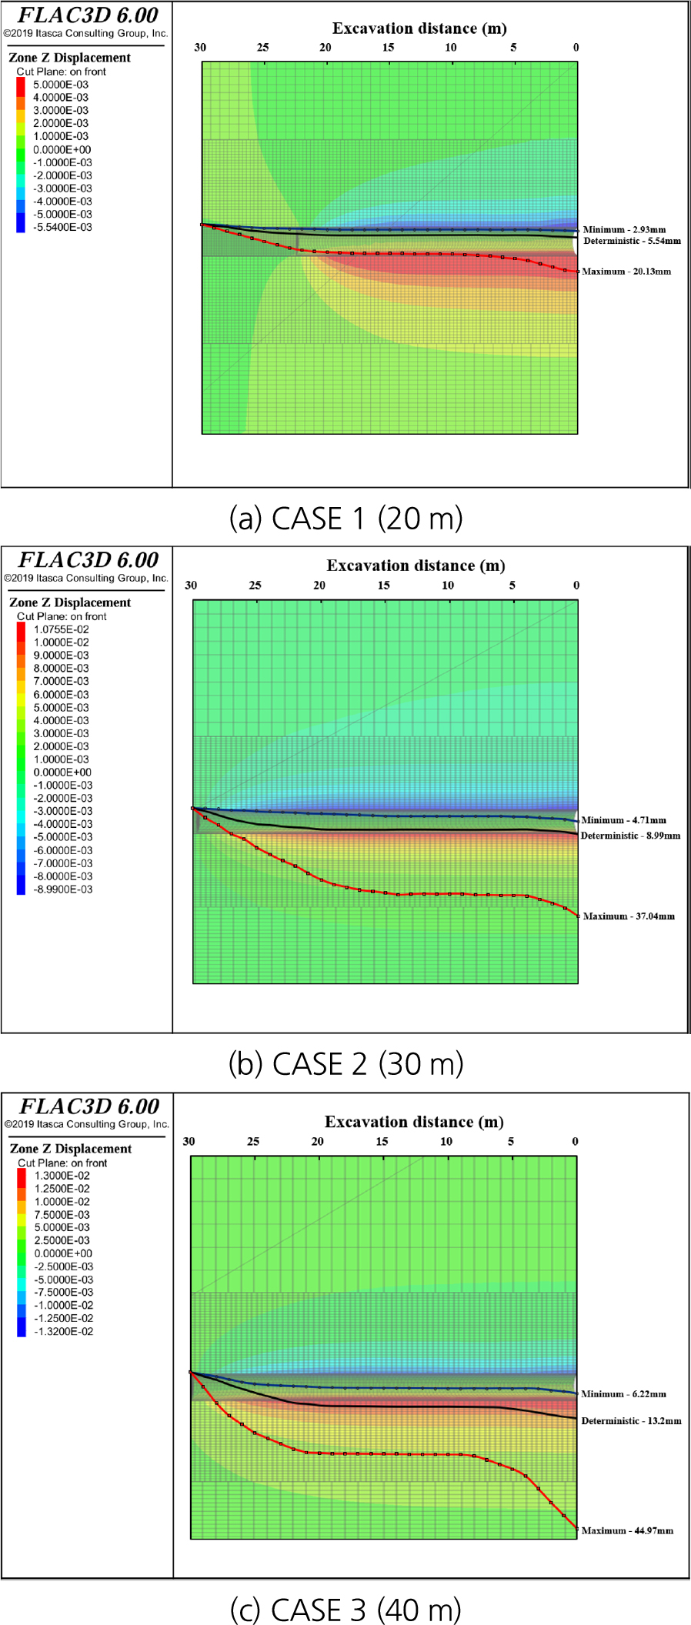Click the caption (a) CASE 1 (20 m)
tap(345, 519)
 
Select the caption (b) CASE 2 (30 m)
tap(345, 1064)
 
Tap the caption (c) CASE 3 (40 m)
tap(345, 1609)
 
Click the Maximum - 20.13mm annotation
tap(626, 272)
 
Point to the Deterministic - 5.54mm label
tap(632, 242)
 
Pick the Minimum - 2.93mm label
tap(624, 229)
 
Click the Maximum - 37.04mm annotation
tap(629, 916)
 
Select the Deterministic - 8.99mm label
tap(630, 836)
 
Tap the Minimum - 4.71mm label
tap(623, 820)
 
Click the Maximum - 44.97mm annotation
tap(627, 1531)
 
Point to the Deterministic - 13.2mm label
tap(631, 1421)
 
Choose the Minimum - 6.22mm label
tap(623, 1394)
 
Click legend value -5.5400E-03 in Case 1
tap(62, 228)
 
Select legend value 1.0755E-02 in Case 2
tap(61, 629)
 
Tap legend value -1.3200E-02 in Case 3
tap(63, 1331)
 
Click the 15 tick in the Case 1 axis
tap(388, 48)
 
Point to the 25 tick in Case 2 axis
tap(255, 586)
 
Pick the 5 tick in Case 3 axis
tap(511, 1142)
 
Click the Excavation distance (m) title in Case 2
tap(416, 566)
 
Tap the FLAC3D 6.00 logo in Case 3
tap(89, 1106)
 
